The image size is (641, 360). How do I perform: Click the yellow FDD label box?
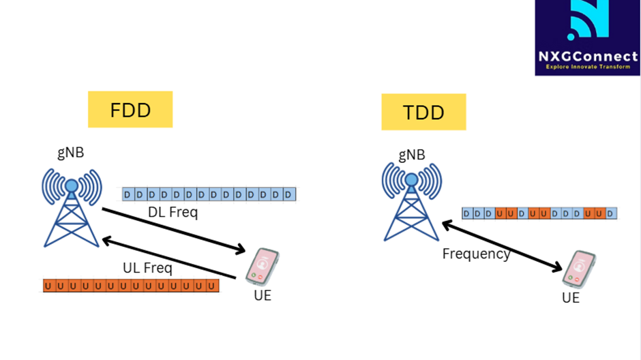tap(130, 109)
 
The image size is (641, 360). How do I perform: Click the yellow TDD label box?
tap(423, 112)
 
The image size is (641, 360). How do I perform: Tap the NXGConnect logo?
tap(587, 37)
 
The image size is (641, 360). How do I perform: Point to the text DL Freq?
tap(173, 212)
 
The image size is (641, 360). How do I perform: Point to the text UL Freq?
tap(147, 268)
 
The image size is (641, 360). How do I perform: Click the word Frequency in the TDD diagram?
tap(476, 254)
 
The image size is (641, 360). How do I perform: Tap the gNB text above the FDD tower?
tap(71, 152)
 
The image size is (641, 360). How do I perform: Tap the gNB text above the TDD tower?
tap(411, 155)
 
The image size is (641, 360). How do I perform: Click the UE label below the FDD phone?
tap(262, 295)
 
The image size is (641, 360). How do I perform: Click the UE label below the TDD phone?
tap(571, 298)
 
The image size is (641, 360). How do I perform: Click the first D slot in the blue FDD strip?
tap(128, 195)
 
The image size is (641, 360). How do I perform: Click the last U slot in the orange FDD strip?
tap(213, 286)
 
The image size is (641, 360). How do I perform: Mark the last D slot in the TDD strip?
tap(611, 213)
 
